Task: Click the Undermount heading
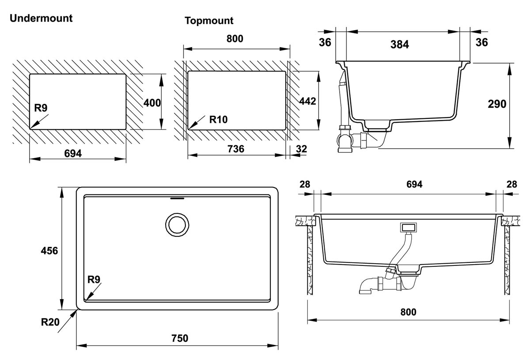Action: coord(41,19)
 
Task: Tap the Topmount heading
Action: coord(209,21)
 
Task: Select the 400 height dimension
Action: coord(152,102)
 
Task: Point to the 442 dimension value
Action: coord(307,101)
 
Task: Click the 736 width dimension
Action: coord(236,149)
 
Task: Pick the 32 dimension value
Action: coord(301,149)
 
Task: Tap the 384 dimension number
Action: coord(400,44)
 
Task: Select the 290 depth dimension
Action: coord(497,104)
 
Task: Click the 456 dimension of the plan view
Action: coord(49,250)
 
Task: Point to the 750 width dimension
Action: coord(179,338)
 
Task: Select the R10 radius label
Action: coord(218,119)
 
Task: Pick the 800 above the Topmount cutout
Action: coord(235,39)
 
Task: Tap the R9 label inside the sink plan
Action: coord(94,279)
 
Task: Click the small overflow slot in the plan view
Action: coord(177,198)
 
